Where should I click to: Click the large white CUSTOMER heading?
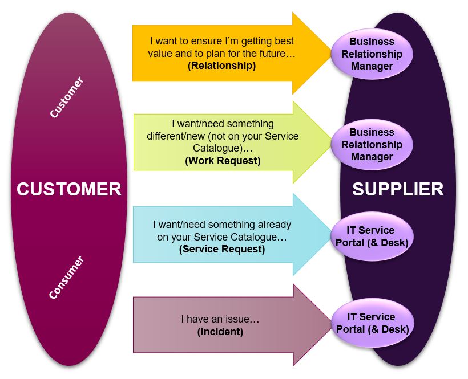point(69,189)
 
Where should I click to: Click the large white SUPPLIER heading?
point(398,189)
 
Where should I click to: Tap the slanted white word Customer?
point(67,97)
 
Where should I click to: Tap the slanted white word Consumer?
point(67,277)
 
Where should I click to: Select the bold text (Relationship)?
point(222,66)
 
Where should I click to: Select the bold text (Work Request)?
point(223,161)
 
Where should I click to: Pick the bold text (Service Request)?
point(222,249)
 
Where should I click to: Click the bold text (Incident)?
point(220,332)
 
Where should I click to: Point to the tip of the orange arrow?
point(332,54)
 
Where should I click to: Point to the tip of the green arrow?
point(332,142)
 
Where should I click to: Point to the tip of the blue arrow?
point(332,234)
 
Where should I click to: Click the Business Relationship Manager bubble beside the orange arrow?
point(372,54)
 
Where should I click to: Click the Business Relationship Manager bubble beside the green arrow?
point(372,145)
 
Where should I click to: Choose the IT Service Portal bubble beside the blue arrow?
point(372,237)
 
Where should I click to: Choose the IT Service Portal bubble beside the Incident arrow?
point(373,323)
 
